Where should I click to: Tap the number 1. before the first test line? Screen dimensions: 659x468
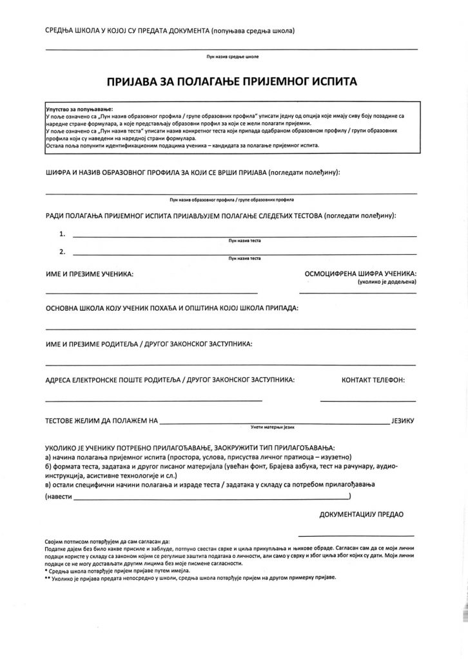[62, 233]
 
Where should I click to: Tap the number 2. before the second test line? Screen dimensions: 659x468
[62, 251]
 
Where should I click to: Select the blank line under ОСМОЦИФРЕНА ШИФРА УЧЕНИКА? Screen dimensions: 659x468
[358, 292]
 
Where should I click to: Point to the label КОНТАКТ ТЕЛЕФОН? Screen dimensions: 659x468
[373, 380]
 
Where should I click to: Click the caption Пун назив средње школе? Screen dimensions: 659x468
[232, 57]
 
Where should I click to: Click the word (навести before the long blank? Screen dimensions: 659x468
[59, 498]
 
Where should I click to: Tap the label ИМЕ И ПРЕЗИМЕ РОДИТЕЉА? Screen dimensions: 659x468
[148, 344]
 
